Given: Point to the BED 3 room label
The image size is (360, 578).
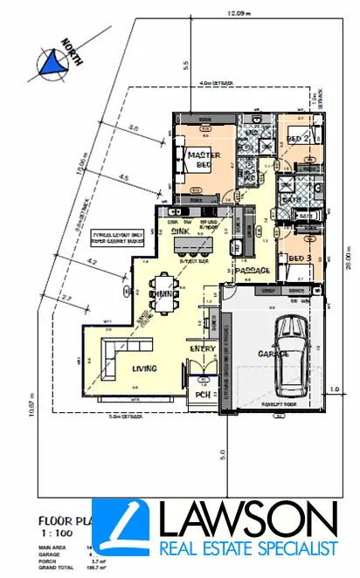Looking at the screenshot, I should pos(300,258).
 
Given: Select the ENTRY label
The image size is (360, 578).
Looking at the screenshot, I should pos(203,349).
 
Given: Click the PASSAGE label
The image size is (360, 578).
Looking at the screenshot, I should pos(253,271).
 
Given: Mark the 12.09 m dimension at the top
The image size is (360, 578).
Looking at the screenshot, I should pos(232,14).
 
